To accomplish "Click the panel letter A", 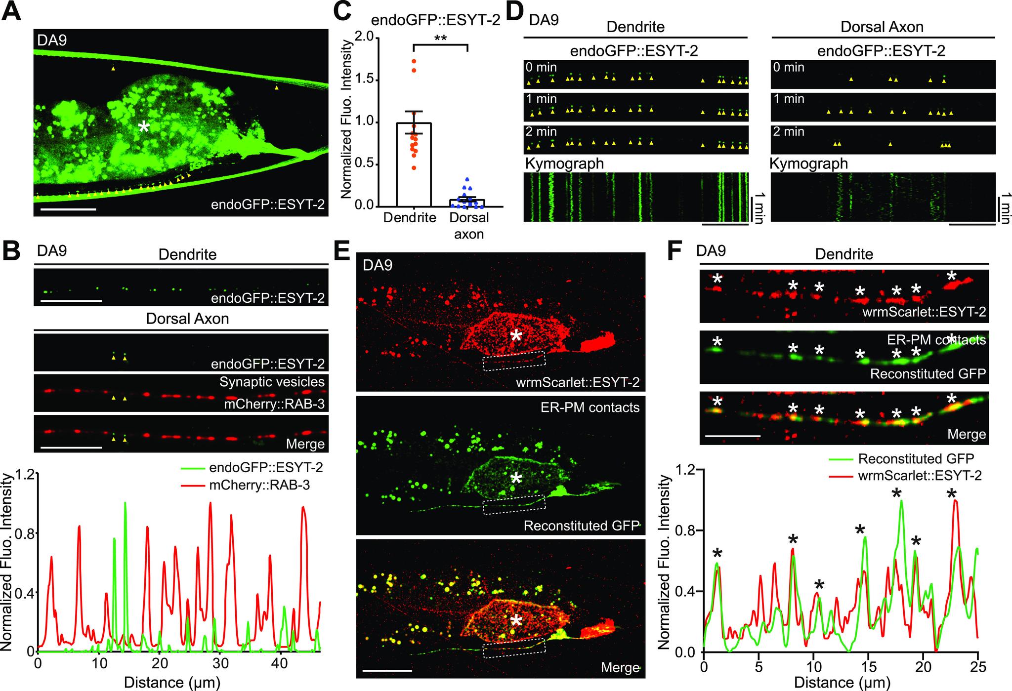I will coord(12,11).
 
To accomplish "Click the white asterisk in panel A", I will coord(144,127).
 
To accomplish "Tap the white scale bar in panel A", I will coord(65,209).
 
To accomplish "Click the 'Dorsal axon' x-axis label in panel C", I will coord(468,225).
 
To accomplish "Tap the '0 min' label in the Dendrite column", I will coord(541,67).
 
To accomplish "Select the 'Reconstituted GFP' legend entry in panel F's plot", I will coord(916,458).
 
